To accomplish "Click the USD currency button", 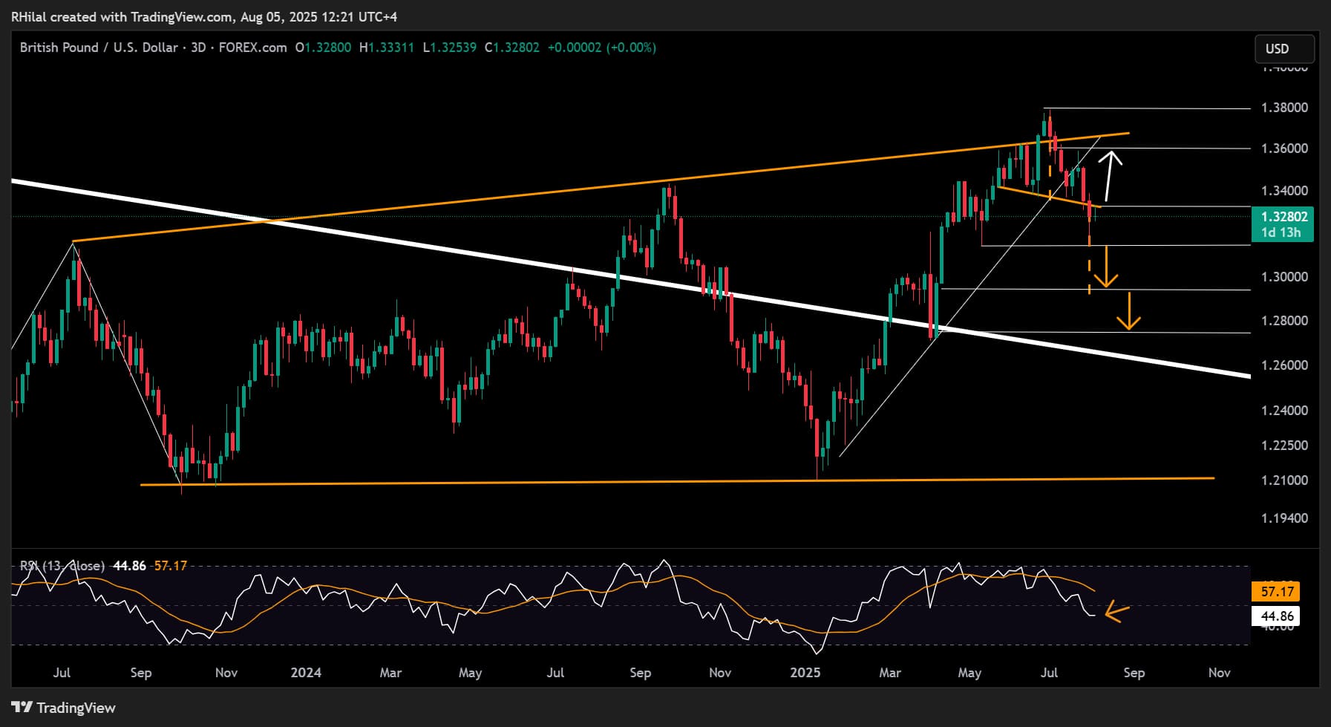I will (1283, 49).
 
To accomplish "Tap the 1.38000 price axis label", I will (1284, 108).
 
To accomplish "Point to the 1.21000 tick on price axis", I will (1284, 480).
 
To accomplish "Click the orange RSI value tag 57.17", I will (1277, 592).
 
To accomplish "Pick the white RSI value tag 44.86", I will (1277, 616).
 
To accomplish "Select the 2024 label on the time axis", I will (306, 673).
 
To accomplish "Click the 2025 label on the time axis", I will (805, 673).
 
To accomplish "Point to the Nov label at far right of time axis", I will (1219, 673).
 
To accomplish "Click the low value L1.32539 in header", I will (450, 48).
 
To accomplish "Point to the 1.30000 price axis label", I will (1284, 277).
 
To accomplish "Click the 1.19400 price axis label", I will (1284, 518).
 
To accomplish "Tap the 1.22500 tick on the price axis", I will (1284, 446).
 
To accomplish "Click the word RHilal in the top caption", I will (30, 16).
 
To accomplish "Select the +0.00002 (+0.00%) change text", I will (601, 48).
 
